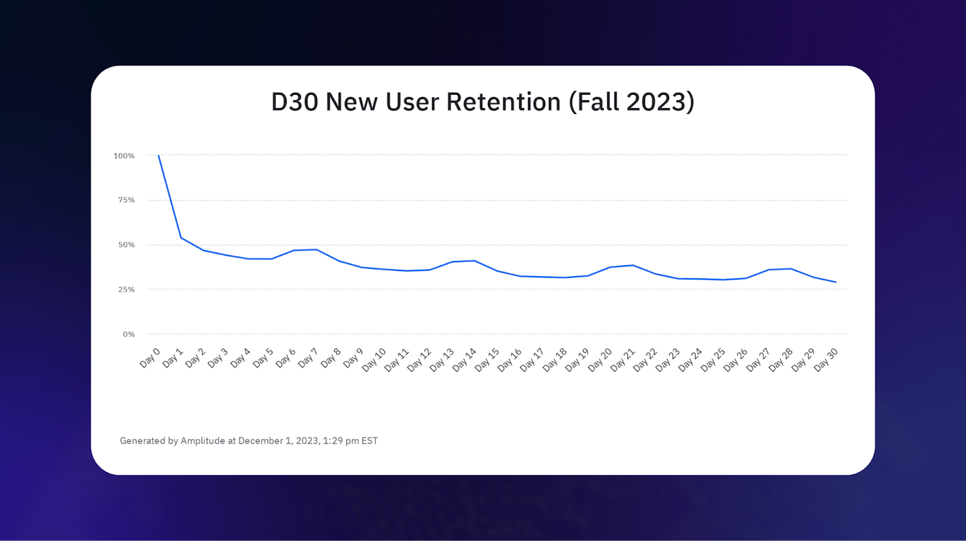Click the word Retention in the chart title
click(x=503, y=102)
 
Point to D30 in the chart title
click(x=295, y=102)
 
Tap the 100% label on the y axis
click(x=124, y=156)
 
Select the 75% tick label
click(x=126, y=200)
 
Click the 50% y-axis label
click(x=126, y=245)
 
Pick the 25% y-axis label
click(x=126, y=289)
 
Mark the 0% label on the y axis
click(x=129, y=334)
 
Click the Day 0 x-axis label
click(x=150, y=357)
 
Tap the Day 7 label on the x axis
click(x=308, y=357)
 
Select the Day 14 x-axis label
click(x=464, y=360)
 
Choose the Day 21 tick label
click(x=622, y=360)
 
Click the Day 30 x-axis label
click(x=826, y=360)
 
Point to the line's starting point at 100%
click(x=158, y=155)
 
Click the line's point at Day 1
click(x=181, y=237)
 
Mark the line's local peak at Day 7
click(x=316, y=249)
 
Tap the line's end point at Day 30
click(x=836, y=282)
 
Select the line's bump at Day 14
click(x=475, y=261)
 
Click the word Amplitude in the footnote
click(x=203, y=441)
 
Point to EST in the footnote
click(x=369, y=441)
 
